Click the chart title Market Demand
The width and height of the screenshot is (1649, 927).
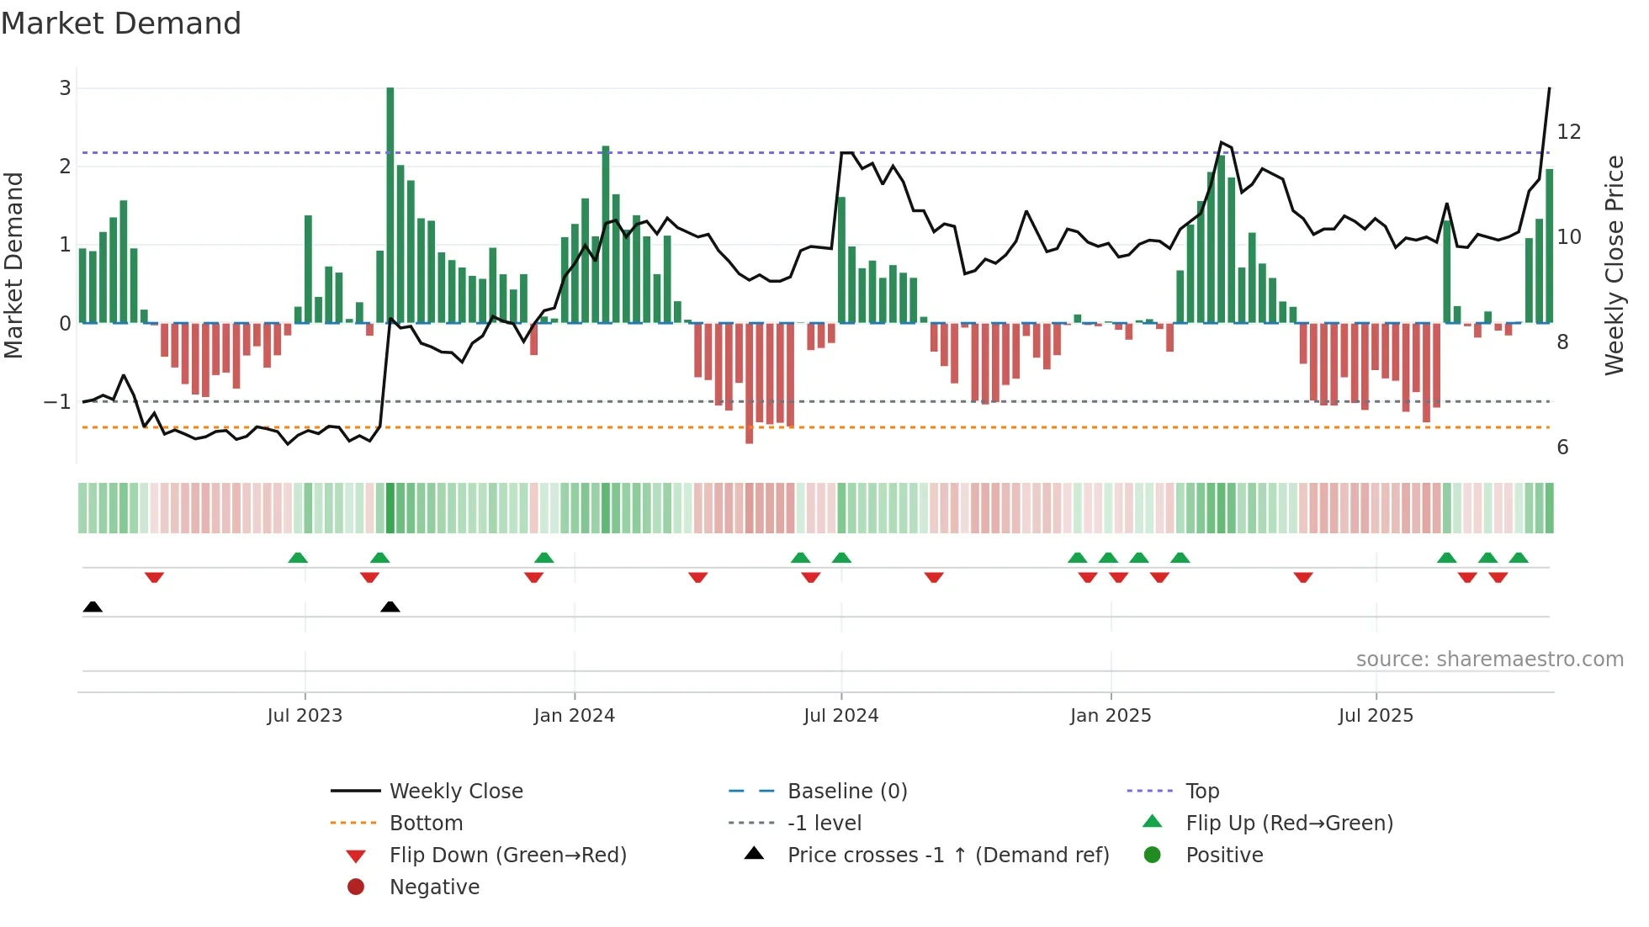click(121, 24)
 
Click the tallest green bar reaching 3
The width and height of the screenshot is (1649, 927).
click(390, 202)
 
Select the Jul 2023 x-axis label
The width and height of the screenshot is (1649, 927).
click(305, 716)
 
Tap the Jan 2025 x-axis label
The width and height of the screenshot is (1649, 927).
click(1111, 716)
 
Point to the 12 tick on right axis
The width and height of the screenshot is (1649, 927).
click(1569, 132)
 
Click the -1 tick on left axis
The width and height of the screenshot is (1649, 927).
click(57, 402)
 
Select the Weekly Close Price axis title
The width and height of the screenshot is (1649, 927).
click(1614, 265)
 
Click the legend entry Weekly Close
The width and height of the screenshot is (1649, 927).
click(455, 792)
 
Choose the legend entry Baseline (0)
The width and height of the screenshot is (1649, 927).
click(846, 792)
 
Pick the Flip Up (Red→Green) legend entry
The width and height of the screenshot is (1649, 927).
click(1289, 824)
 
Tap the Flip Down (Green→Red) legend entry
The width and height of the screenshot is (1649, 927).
click(507, 855)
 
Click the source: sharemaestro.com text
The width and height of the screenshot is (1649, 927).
click(1489, 659)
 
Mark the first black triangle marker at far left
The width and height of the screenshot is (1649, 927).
click(93, 607)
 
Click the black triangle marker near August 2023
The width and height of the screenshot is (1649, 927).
click(390, 607)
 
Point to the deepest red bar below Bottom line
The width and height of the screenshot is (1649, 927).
click(750, 383)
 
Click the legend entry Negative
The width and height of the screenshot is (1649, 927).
click(434, 887)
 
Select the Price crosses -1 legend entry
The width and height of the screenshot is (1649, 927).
click(947, 855)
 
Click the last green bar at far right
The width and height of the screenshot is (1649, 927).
click(1549, 246)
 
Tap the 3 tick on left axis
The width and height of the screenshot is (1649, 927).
click(65, 88)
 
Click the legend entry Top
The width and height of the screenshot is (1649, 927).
click(1201, 792)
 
